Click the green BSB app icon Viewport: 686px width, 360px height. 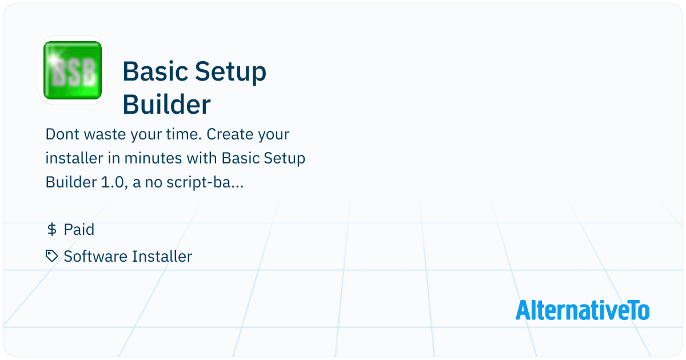coord(73,70)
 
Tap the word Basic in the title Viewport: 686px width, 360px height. coord(155,71)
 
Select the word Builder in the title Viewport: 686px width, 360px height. coord(167,105)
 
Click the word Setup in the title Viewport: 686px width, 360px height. coord(230,72)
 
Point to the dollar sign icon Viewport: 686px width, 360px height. coord(52,230)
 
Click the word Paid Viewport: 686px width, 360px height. coord(79,230)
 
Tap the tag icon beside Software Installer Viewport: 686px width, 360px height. coord(52,256)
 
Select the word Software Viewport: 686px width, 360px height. coord(94,257)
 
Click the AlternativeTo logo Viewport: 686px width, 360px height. coord(583,310)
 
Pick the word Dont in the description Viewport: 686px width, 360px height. coord(62,134)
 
